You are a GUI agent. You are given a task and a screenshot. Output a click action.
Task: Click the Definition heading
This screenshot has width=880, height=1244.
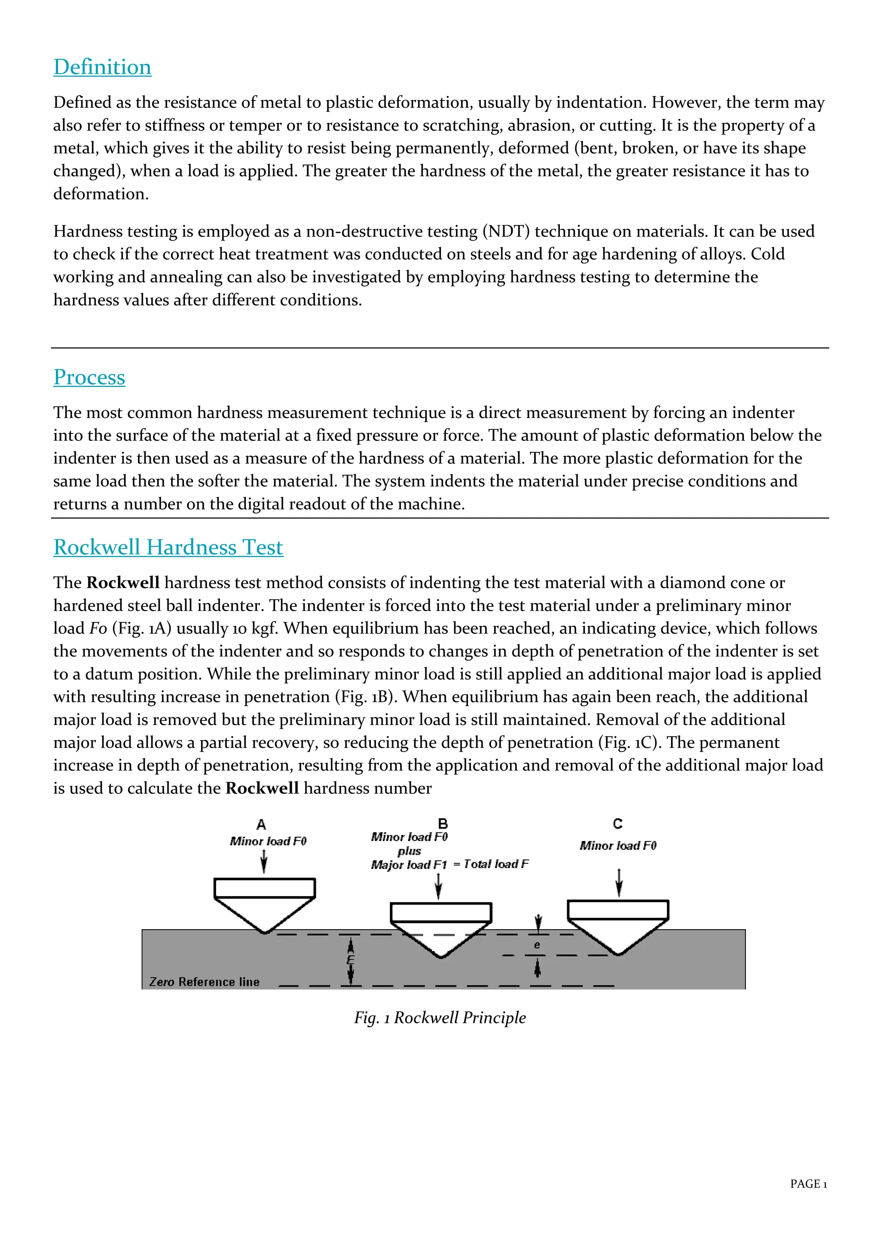coord(102,67)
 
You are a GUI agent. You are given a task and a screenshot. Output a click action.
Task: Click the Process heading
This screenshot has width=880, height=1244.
coord(89,377)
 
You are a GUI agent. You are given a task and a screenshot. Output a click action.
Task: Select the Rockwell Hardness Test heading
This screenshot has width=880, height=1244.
coord(168,547)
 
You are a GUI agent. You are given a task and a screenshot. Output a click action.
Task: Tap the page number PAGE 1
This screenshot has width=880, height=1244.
coord(808,1184)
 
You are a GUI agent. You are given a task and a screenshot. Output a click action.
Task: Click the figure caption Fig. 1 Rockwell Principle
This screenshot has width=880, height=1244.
coord(440,1018)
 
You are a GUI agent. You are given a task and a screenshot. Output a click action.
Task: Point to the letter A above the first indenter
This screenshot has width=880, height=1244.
coord(261,825)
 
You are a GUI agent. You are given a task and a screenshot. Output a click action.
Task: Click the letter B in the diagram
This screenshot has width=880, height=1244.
coord(443,823)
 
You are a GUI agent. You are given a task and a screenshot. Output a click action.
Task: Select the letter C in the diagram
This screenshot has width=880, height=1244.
coord(618,824)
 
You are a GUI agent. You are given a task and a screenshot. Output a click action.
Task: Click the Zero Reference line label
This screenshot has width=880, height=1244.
coord(204,982)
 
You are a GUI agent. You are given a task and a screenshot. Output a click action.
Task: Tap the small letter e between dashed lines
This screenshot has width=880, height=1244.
coord(537,945)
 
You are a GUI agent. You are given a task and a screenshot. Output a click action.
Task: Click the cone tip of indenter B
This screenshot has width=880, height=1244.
coord(441,956)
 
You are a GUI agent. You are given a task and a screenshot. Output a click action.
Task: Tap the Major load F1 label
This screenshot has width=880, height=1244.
coord(409,865)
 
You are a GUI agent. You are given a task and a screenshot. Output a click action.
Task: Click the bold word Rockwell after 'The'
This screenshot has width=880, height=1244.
coord(123,582)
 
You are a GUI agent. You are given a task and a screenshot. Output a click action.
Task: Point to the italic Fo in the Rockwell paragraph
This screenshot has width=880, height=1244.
coord(98,628)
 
